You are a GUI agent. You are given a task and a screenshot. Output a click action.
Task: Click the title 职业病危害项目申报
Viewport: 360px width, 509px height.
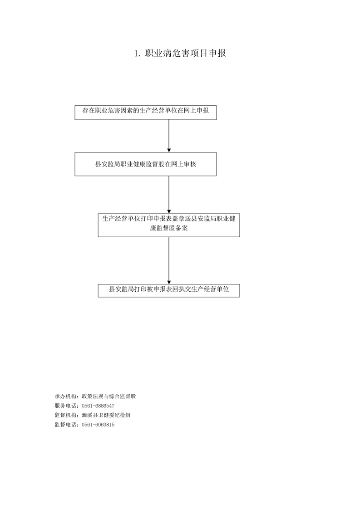point(185,53)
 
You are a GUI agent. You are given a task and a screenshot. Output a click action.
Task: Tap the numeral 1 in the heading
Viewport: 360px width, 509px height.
point(137,54)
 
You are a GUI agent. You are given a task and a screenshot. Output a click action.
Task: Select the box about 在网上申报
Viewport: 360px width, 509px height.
point(146,113)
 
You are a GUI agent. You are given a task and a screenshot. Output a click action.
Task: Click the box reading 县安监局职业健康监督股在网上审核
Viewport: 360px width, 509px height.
point(146,164)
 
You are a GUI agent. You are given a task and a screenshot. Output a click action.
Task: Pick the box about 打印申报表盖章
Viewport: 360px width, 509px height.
point(169,225)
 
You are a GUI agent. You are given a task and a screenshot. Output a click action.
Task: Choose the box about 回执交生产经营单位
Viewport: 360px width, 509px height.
point(169,290)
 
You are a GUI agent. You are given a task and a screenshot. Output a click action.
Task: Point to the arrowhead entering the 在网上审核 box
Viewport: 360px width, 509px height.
point(169,150)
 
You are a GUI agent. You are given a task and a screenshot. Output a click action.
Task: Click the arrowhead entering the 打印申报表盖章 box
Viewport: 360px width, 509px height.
point(169,211)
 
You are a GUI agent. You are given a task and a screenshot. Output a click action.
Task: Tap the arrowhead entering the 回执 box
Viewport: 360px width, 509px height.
point(169,282)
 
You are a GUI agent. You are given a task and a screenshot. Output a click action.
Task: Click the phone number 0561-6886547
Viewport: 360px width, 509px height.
point(98,406)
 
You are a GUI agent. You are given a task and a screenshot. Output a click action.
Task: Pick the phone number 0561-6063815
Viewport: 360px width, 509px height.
point(98,425)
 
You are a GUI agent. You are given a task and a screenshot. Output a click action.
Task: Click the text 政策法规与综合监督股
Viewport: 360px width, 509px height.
point(109,396)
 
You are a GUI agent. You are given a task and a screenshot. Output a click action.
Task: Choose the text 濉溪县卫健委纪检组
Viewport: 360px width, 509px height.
point(106,415)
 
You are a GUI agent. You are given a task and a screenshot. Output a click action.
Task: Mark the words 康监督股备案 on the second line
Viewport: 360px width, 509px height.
point(169,228)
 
